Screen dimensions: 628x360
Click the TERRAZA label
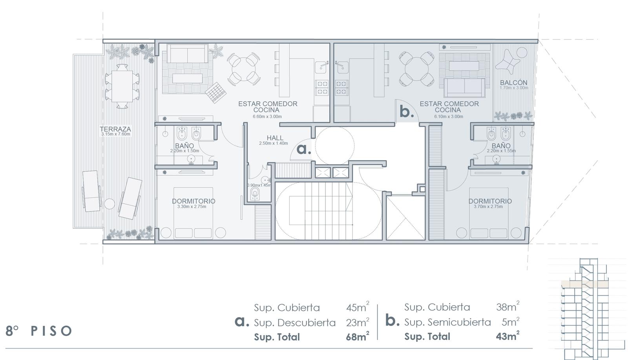point(115,129)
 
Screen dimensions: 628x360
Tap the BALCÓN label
point(514,82)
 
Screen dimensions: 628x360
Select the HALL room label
point(275,138)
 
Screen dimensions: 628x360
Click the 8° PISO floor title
point(39,331)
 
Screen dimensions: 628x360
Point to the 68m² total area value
point(358,336)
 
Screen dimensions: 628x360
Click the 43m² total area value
point(508,335)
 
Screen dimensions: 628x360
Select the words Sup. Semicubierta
point(447,322)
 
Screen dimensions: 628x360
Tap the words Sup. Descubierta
point(295,323)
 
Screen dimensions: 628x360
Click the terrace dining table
point(122,86)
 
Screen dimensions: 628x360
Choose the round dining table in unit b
point(416,69)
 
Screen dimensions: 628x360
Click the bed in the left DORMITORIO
point(193,213)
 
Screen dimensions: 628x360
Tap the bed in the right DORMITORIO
point(489,213)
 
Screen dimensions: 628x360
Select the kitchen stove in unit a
point(322,88)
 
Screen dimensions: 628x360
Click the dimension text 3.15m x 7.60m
point(116,134)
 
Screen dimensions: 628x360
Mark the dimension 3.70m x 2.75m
point(488,206)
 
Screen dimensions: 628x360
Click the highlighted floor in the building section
point(584,284)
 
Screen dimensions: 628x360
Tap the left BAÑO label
point(184,146)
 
